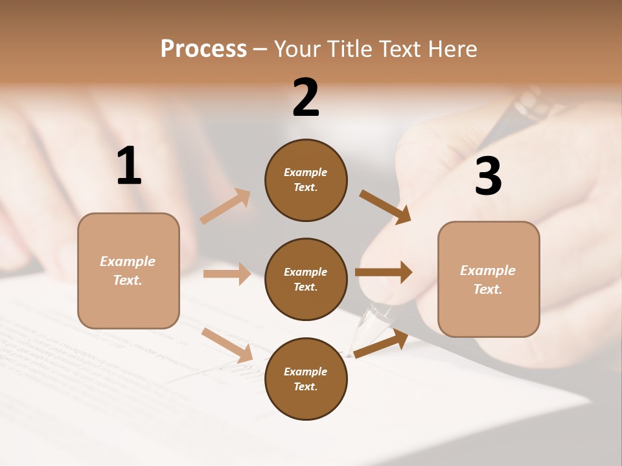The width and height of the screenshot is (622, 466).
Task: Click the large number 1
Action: click(x=129, y=166)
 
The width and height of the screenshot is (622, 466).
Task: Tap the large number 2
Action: click(x=306, y=98)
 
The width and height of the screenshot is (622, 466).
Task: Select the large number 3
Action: click(x=488, y=176)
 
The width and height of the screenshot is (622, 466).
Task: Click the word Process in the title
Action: click(x=203, y=49)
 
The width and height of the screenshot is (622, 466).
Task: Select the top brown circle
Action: click(x=306, y=180)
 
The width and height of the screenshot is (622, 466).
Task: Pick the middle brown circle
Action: click(x=306, y=279)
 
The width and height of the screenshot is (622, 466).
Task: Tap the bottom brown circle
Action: click(x=306, y=379)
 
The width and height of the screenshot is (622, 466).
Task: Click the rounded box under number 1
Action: click(x=128, y=271)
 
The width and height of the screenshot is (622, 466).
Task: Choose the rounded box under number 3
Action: click(x=489, y=279)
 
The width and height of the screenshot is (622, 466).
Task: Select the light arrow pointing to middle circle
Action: click(x=227, y=274)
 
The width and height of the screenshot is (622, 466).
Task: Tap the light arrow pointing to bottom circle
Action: click(x=227, y=345)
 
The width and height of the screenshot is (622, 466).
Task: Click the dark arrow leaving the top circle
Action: click(x=385, y=207)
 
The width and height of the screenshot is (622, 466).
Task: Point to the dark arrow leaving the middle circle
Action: click(x=384, y=272)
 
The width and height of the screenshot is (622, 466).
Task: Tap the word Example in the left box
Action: click(x=128, y=261)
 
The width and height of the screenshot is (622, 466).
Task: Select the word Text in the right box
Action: click(x=488, y=289)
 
